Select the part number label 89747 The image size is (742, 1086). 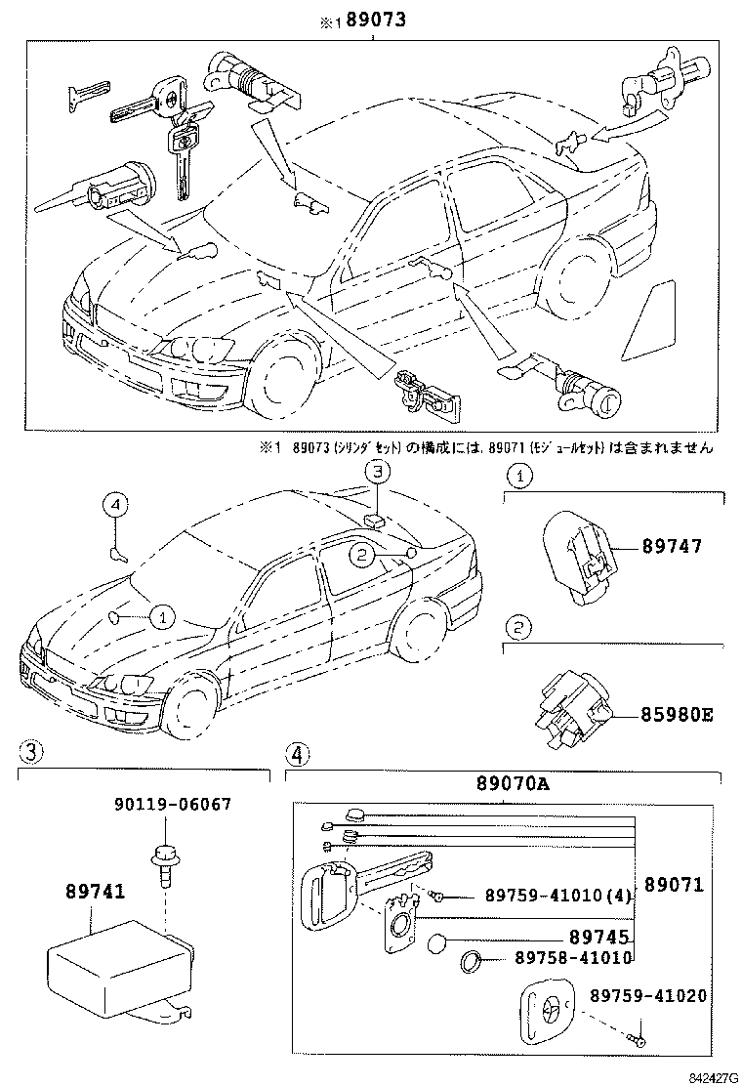click(672, 548)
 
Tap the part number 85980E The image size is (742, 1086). click(678, 714)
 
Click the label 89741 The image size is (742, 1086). click(95, 892)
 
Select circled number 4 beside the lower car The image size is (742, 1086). click(116, 505)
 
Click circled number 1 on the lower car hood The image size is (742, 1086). click(162, 616)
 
